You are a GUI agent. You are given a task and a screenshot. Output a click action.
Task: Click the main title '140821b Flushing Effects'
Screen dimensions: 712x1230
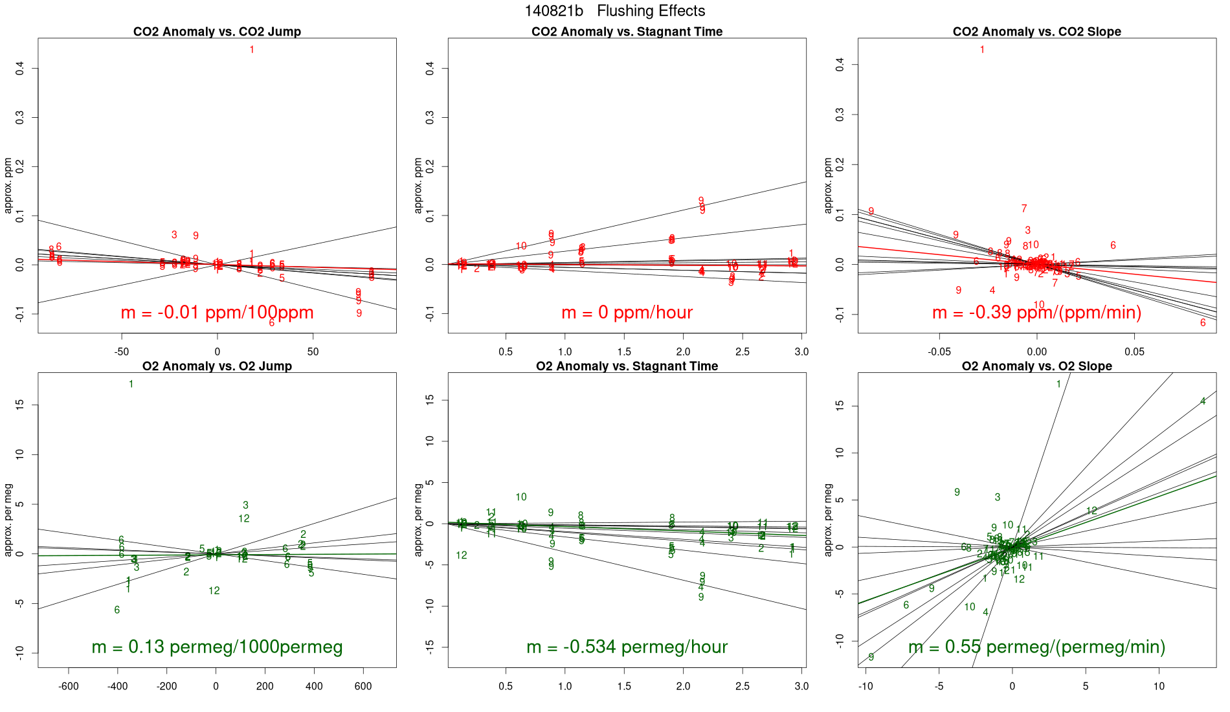614,11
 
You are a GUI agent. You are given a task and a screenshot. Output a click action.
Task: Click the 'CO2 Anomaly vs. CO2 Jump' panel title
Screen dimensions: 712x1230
217,32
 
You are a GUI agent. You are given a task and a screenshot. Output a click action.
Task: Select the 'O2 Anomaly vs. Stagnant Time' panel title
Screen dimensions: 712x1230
627,366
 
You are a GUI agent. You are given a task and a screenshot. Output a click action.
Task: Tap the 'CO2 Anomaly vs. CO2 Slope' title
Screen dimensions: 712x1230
1036,32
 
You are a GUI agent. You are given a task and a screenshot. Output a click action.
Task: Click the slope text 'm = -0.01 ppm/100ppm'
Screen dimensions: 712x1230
217,313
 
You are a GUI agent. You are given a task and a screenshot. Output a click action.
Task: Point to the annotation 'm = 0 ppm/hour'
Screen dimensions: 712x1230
627,313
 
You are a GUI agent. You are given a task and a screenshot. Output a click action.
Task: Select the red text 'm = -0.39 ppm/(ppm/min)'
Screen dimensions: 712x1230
1036,313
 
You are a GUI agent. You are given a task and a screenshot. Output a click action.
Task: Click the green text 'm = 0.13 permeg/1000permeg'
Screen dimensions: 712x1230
217,647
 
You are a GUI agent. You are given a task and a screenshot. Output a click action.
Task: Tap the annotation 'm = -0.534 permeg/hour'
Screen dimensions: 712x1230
627,647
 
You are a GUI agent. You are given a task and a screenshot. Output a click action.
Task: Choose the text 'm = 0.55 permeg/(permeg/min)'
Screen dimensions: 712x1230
1036,647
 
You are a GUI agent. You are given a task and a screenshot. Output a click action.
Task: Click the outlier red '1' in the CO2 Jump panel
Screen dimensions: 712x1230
252,50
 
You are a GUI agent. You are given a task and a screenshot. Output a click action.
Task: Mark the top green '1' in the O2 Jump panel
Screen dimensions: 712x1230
131,384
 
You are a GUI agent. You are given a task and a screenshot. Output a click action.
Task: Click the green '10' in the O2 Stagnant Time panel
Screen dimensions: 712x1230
521,497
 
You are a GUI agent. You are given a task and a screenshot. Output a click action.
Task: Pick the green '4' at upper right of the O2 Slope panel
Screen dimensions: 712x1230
1203,401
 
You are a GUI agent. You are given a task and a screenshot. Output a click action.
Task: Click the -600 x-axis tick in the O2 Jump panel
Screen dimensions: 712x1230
69,686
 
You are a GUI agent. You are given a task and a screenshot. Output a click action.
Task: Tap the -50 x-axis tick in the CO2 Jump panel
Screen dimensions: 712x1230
122,352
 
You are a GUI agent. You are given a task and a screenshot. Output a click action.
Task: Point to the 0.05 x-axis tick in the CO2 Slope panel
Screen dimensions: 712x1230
1134,352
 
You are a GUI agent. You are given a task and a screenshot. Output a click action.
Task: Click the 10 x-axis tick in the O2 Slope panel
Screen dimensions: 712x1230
1159,686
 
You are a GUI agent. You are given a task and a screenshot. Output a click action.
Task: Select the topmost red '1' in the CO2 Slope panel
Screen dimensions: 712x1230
982,50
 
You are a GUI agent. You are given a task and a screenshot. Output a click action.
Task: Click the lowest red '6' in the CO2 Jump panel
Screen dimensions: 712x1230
272,322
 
